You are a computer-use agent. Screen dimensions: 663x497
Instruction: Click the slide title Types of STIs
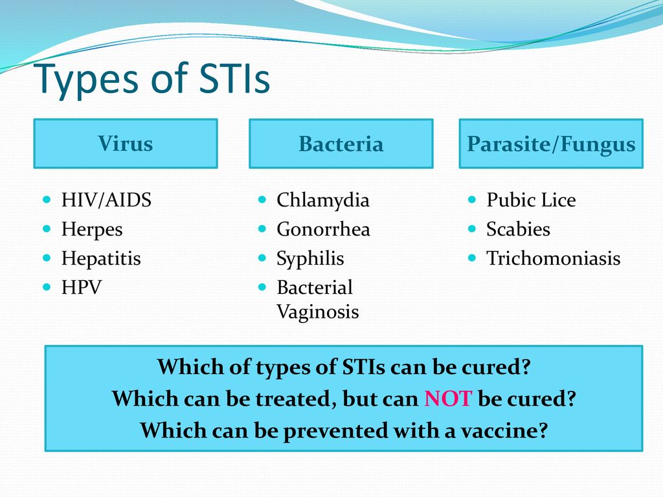[152, 79]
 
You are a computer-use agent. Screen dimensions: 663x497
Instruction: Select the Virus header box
[126, 144]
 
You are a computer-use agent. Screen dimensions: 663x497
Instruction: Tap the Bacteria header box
[341, 144]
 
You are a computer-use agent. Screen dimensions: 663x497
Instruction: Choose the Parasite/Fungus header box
[551, 144]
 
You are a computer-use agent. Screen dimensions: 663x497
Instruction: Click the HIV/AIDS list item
[106, 200]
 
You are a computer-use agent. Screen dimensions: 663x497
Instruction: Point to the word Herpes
[92, 230]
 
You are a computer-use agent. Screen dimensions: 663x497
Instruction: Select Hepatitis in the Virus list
[101, 259]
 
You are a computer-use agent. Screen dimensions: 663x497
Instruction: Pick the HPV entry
[81, 287]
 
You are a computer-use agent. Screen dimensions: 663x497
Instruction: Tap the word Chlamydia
[322, 201]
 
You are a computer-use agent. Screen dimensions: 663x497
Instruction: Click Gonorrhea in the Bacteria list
[323, 230]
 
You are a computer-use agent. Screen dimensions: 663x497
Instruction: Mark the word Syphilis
[310, 259]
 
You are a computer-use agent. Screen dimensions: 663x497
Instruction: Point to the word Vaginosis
[317, 313]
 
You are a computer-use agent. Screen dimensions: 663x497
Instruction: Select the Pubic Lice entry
[531, 200]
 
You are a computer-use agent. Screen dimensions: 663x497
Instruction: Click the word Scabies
[518, 229]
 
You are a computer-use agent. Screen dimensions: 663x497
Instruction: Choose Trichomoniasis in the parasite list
[553, 258]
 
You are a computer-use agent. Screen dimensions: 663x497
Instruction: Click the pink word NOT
[448, 399]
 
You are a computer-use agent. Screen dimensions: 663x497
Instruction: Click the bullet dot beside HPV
[47, 287]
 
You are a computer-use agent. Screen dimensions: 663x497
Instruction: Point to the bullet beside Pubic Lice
[472, 199]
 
